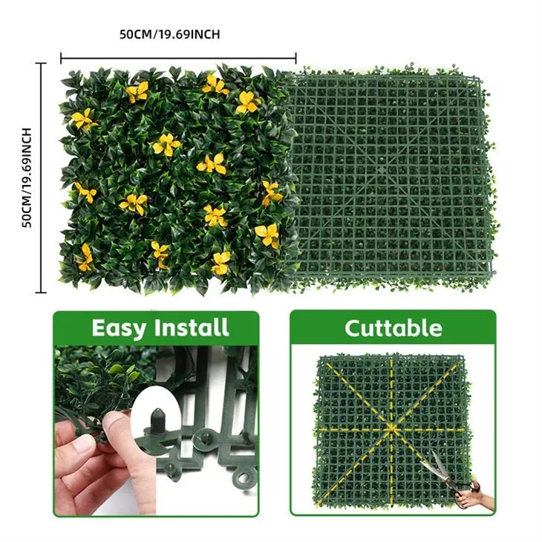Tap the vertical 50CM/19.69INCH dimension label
pos(27,177)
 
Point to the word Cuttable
pos(393,327)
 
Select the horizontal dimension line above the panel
pos(178,57)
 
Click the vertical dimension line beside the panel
pos(41,177)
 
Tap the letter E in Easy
pos(98,327)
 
